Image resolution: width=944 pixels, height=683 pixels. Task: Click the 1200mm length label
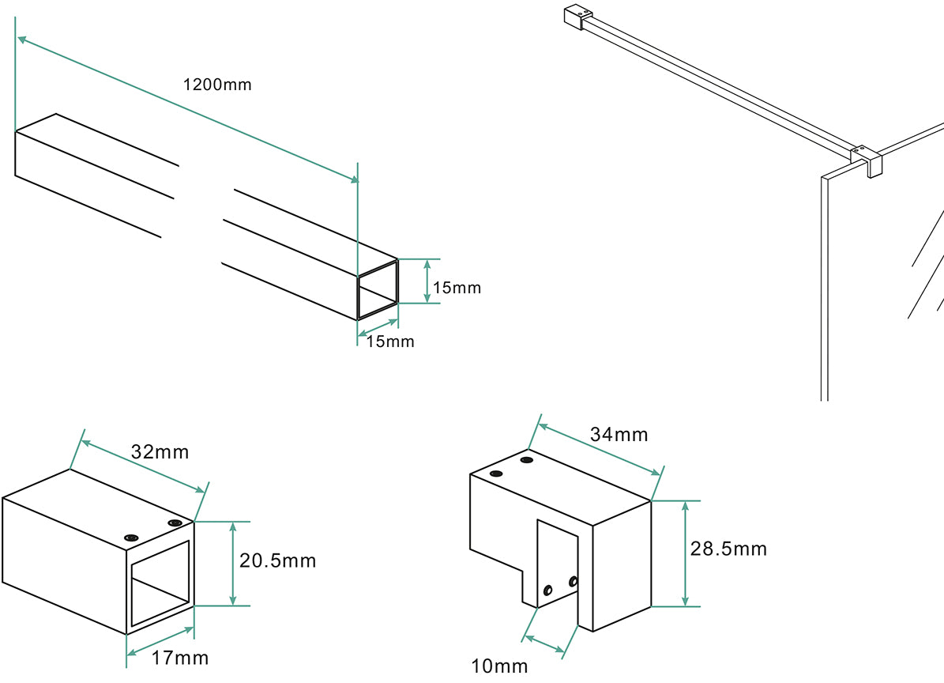pyautogui.click(x=217, y=85)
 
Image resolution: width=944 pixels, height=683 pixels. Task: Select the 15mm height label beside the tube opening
pyautogui.click(x=457, y=288)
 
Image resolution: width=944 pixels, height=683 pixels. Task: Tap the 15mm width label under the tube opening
pyautogui.click(x=390, y=342)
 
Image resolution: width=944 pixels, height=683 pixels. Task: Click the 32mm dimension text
pyautogui.click(x=161, y=452)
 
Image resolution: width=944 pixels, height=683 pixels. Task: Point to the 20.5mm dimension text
pyautogui.click(x=278, y=561)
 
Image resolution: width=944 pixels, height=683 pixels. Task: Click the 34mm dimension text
pyautogui.click(x=619, y=435)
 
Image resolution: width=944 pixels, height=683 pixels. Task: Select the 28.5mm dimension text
pyautogui.click(x=728, y=549)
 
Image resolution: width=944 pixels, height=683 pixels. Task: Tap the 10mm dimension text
pyautogui.click(x=499, y=666)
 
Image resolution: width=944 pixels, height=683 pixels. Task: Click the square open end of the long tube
pyautogui.click(x=378, y=289)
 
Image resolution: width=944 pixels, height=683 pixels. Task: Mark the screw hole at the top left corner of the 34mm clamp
pyautogui.click(x=496, y=474)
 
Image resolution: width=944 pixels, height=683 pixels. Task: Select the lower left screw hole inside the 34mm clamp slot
pyautogui.click(x=547, y=590)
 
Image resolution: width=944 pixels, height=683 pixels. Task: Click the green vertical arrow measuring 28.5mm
pyautogui.click(x=685, y=553)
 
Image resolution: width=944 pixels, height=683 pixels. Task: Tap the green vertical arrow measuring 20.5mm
pyautogui.click(x=233, y=564)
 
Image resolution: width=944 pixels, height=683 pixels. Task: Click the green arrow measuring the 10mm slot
pyautogui.click(x=545, y=643)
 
